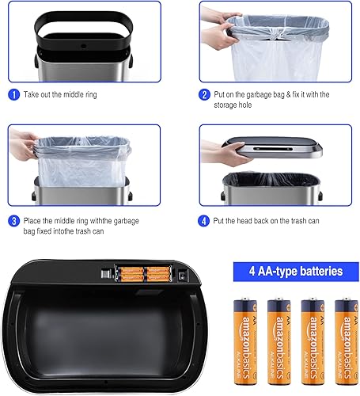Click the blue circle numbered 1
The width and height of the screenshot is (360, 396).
pos(13,95)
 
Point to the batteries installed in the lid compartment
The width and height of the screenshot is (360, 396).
pos(145,274)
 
